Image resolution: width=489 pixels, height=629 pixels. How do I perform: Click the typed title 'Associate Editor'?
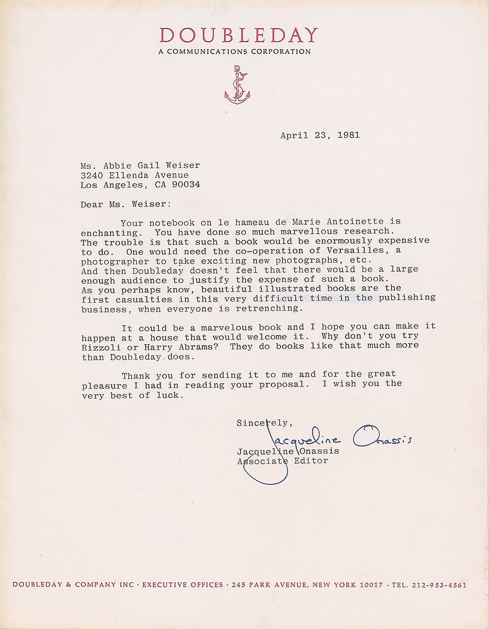click(x=283, y=461)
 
